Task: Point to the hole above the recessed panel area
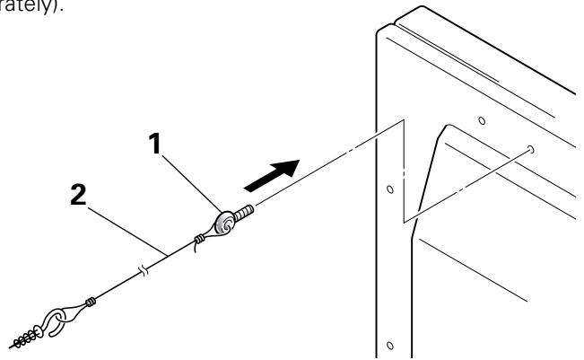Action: click(x=480, y=119)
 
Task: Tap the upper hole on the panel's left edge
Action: click(x=389, y=190)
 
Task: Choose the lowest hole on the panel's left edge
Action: click(x=388, y=344)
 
